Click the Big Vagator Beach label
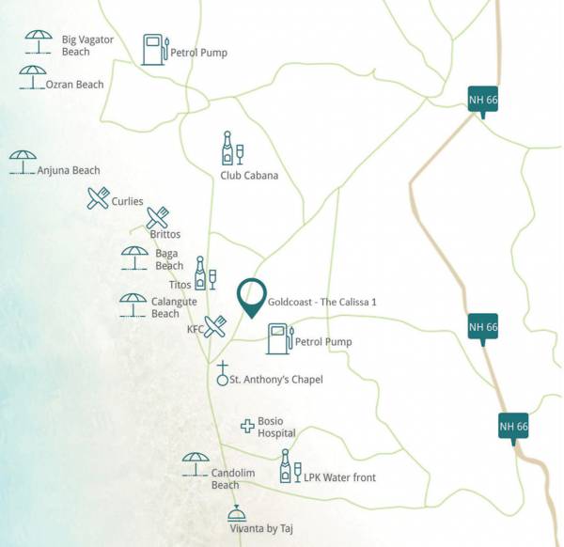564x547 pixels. pyautogui.click(x=88, y=45)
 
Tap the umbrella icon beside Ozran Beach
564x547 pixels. pyautogui.click(x=32, y=76)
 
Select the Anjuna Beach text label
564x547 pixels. pyautogui.click(x=69, y=170)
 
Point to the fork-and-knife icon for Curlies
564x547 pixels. pyautogui.click(x=98, y=198)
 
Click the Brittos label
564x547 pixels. pyautogui.click(x=164, y=234)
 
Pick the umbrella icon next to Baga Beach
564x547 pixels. pyautogui.click(x=134, y=257)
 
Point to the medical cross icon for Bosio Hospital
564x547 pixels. pyautogui.click(x=247, y=426)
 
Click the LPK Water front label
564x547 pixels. pyautogui.click(x=339, y=477)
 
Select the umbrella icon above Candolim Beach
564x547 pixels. pyautogui.click(x=196, y=462)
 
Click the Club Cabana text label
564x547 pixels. pyautogui.click(x=249, y=175)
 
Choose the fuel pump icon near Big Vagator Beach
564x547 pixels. pyautogui.click(x=155, y=50)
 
